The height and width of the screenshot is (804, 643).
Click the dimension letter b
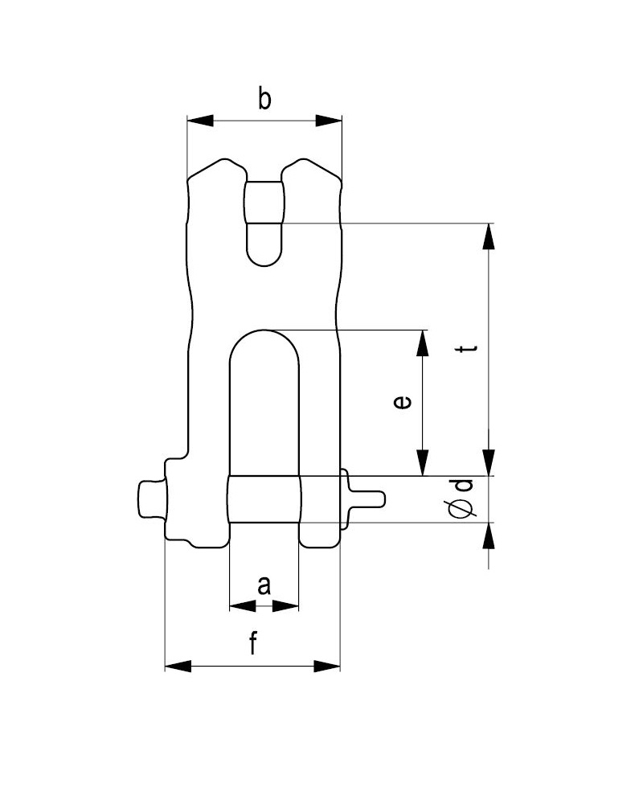pos(264,100)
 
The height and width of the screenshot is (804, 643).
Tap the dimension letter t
pos(468,349)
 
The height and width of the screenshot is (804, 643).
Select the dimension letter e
pos(402,402)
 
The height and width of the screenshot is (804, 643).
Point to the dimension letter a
pos(264,585)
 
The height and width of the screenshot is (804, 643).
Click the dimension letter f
pos(253,644)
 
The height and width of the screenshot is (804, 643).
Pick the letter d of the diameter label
pos(464,485)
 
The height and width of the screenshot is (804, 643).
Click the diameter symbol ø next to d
pos(462,507)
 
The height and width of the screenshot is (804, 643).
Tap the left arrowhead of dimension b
pos(200,121)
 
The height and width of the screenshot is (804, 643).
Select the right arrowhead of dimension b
pos(329,121)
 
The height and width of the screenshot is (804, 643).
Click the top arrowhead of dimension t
pos(489,236)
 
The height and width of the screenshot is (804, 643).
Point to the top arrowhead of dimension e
pos(423,343)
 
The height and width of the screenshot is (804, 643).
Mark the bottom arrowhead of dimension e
pos(423,463)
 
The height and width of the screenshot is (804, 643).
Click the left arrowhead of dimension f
pos(178,667)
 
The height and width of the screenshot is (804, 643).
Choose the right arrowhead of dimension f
pos(327,667)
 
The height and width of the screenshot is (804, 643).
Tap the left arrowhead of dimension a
pos(243,606)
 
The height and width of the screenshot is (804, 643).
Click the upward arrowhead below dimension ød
pos(489,536)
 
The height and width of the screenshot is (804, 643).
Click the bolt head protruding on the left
pos(151,499)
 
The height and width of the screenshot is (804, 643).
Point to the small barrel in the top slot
pos(264,203)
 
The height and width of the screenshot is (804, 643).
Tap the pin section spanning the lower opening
pos(264,499)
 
